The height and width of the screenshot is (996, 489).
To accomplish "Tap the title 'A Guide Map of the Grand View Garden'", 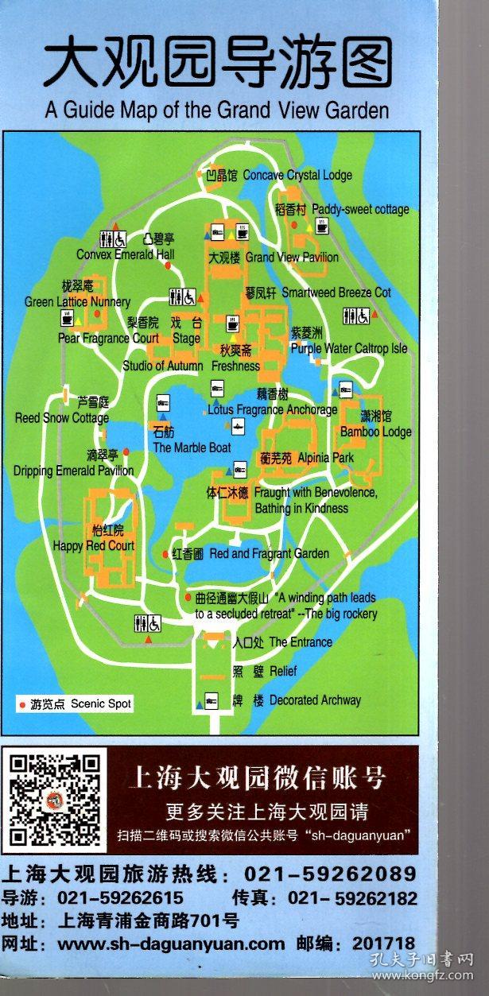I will pos(216,110).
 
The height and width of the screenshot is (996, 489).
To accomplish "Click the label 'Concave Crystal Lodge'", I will pos(297,175).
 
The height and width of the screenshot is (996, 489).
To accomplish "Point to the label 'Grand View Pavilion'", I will pos(292,258).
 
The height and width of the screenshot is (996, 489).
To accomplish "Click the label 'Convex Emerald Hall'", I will pos(126,254).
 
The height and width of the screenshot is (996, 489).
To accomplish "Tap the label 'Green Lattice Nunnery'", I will pos(77,302).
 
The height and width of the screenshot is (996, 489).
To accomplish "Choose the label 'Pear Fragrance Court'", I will pos(108,338).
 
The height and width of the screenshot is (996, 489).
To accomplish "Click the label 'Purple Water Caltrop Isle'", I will pos(349,348).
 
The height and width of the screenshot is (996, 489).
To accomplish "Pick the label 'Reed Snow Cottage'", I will pos(62,418).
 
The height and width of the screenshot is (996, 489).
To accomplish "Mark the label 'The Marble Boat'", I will pos(192,448).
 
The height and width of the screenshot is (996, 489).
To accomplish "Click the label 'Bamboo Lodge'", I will pos(376,432).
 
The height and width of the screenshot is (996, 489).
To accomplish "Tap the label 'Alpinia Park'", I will pos(326,459).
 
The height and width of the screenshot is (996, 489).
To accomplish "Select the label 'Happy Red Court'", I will pos(94,546).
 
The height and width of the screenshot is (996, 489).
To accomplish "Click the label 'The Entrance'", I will pos(301,642).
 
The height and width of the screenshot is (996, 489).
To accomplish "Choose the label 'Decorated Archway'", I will pos(315,700).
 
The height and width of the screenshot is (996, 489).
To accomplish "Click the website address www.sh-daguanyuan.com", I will pos(171,944).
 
